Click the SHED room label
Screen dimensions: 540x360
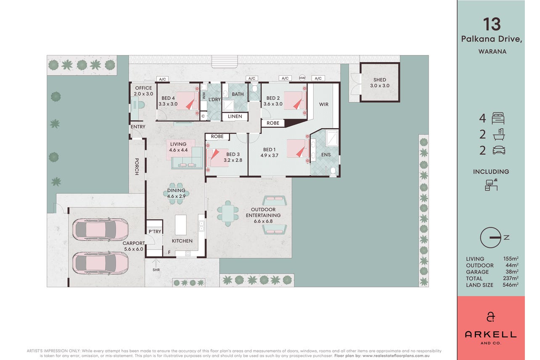tap(380, 79)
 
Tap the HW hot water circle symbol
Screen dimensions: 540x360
tap(302, 78)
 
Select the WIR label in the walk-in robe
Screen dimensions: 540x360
tap(323, 104)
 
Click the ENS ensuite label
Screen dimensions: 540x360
tap(326, 155)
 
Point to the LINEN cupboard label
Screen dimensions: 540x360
tap(235, 116)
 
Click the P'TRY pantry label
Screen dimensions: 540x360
tap(155, 231)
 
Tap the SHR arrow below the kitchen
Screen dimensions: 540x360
tap(156, 262)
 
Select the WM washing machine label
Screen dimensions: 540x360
tap(204, 96)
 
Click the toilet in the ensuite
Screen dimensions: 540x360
tap(333, 172)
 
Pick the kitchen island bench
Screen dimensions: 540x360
tap(180, 225)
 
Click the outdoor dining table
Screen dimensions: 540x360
tap(228, 214)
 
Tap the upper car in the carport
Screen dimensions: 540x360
tap(100, 229)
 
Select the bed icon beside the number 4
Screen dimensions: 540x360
tap(498, 119)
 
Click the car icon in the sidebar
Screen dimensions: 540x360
tap(499, 150)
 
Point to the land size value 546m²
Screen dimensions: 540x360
tap(510, 285)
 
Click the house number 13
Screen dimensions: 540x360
tap(492, 24)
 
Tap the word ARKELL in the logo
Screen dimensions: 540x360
tap(490, 334)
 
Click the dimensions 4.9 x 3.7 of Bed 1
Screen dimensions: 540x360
tap(269, 156)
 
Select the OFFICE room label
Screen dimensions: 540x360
tap(143, 88)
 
